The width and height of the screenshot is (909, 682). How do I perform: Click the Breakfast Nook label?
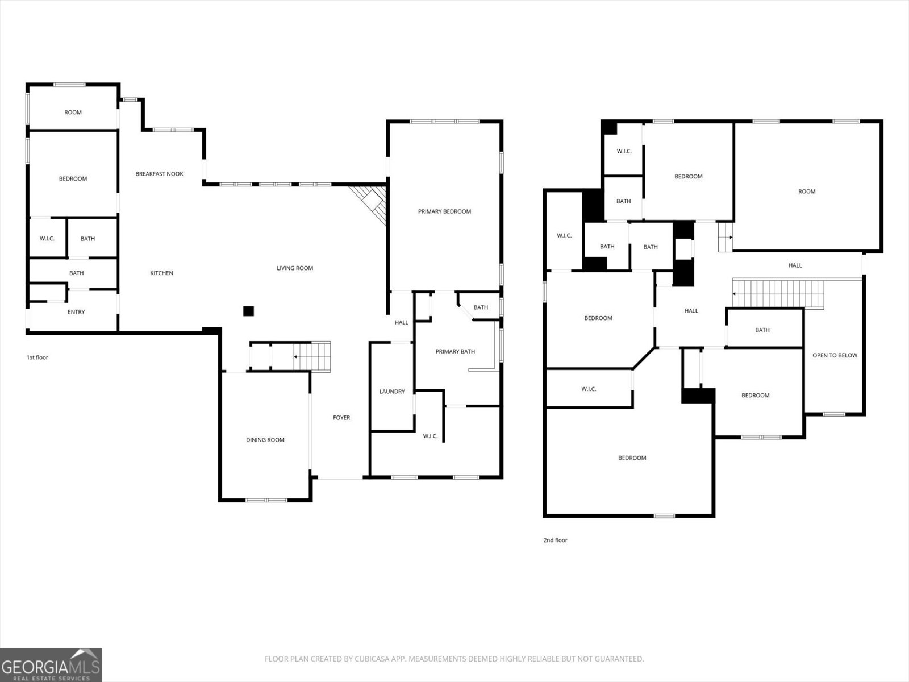159,174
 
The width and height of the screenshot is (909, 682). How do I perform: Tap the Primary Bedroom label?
444,211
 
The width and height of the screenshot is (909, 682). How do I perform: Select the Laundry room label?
392,392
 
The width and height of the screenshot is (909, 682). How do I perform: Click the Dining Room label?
265,440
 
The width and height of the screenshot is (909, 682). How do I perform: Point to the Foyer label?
341,418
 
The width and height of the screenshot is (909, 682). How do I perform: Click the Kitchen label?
161,273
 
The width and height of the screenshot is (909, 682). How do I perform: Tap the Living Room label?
295,268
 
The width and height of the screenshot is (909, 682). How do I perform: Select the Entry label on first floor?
76,312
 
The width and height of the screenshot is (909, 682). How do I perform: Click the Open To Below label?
835,356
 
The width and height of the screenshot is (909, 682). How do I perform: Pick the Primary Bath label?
455,352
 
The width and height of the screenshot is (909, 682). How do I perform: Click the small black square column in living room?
248,311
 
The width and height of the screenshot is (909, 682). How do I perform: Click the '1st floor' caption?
37,357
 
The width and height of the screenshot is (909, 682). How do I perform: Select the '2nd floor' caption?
555,540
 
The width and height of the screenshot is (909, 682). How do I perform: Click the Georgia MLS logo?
51,665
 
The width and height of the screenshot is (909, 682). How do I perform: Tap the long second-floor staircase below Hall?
778,293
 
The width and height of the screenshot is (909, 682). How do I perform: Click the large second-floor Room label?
807,192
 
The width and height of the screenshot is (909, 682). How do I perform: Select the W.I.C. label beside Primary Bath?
430,436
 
